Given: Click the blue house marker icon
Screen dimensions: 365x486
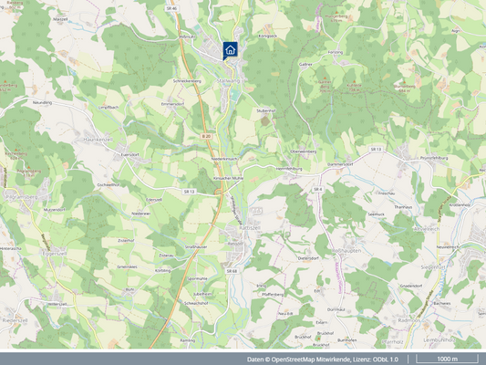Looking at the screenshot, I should click(x=231, y=49).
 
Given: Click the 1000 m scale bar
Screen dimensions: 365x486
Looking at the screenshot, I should click(x=448, y=359).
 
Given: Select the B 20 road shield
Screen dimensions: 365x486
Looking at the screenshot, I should click(x=206, y=136).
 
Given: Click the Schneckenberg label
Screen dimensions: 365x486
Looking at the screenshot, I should click(x=185, y=81).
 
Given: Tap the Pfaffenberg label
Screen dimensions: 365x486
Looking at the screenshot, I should click(x=272, y=294).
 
